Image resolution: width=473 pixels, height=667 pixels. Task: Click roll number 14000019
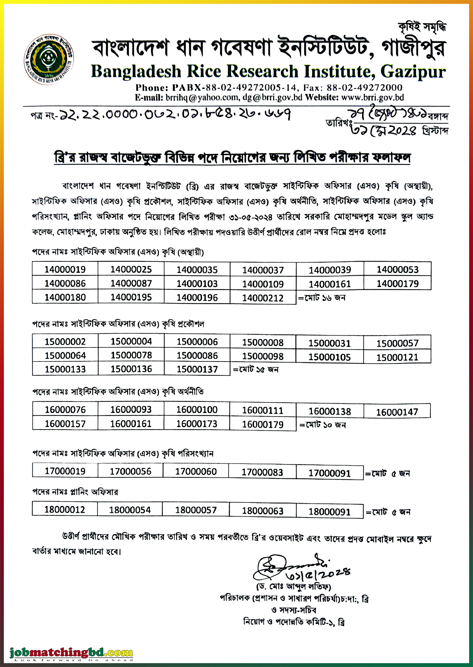(x=65, y=269)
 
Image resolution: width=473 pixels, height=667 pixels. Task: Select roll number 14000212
(x=263, y=298)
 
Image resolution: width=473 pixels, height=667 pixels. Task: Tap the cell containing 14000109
(x=263, y=284)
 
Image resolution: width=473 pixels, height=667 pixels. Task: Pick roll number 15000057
(x=397, y=344)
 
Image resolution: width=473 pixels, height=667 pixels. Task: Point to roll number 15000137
(x=197, y=369)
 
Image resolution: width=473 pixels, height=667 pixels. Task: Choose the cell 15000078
(x=131, y=355)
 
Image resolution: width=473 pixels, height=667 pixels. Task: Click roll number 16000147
(x=397, y=412)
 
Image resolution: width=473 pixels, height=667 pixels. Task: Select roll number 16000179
(x=263, y=425)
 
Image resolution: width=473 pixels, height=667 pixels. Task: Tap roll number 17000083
(x=262, y=472)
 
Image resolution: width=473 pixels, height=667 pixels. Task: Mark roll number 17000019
(x=65, y=471)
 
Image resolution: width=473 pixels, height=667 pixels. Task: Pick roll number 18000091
(x=330, y=512)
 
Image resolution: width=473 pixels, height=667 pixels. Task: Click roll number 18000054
(x=130, y=510)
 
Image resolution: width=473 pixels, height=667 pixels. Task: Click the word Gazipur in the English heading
(x=413, y=71)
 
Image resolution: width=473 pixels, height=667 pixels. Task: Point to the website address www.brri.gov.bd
(x=373, y=97)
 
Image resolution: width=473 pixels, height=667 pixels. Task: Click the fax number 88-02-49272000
(x=364, y=87)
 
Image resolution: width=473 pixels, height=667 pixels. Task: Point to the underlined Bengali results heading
(x=232, y=158)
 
